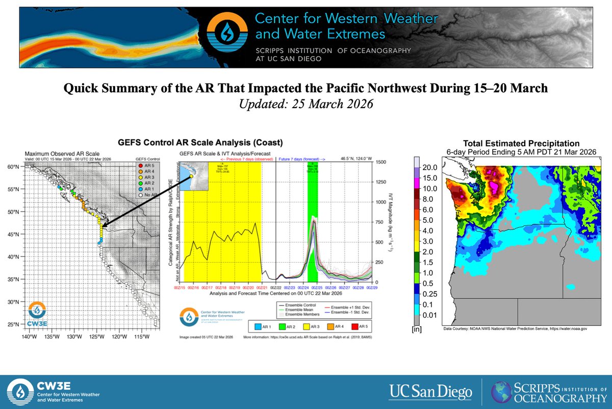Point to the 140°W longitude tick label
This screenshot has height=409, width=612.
click(x=29, y=337)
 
